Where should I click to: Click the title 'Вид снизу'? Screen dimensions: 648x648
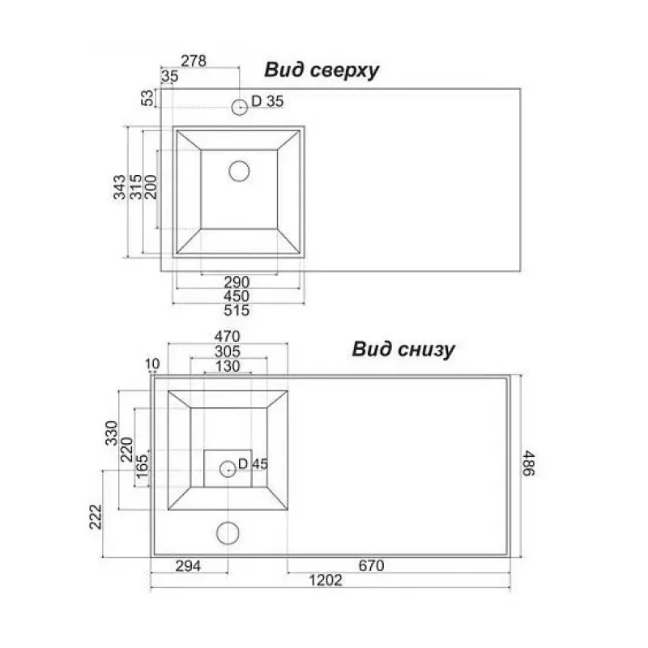403,349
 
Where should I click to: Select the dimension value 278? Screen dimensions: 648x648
193,60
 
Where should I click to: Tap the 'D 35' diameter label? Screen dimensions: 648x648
267,101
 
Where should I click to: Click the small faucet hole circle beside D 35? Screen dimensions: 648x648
240,106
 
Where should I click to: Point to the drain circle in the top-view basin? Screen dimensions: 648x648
239,170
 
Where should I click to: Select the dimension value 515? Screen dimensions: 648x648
237,310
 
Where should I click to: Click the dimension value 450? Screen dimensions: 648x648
237,296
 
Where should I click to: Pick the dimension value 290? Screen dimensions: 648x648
237,281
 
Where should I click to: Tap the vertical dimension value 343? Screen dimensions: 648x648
120,187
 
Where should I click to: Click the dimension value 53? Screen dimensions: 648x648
147,98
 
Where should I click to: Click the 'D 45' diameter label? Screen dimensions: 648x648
253,464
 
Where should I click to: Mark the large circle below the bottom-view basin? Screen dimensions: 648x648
228,532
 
